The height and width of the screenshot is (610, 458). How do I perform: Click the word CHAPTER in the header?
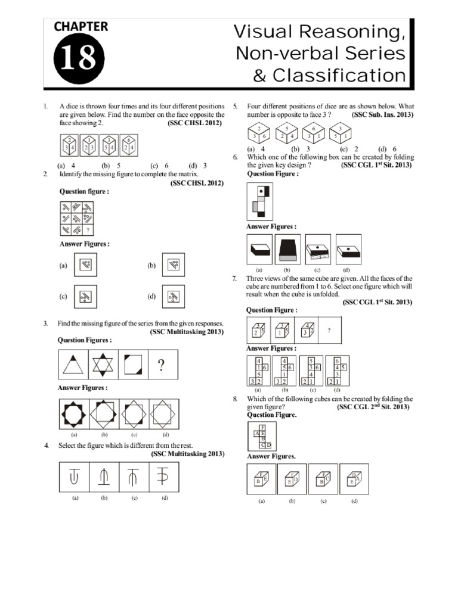click(x=81, y=26)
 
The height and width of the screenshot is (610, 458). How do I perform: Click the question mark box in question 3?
click(x=160, y=365)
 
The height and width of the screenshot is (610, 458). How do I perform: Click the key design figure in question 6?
click(x=260, y=201)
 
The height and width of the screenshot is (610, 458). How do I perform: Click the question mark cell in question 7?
click(x=329, y=330)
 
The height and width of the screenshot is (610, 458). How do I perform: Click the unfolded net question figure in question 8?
click(x=261, y=437)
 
